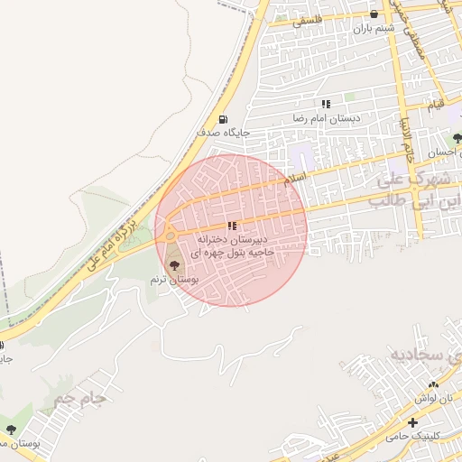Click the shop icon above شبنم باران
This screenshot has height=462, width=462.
pyautogui.click(x=374, y=14)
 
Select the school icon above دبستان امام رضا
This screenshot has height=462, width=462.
pyautogui.click(x=326, y=104)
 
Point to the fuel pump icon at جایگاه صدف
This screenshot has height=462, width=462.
pyautogui.click(x=223, y=119)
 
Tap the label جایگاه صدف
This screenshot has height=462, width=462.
pyautogui.click(x=223, y=133)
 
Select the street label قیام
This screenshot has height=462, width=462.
pyautogui.click(x=435, y=107)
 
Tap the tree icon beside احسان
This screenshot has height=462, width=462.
pyautogui.click(x=457, y=139)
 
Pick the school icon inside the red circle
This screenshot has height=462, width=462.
pyautogui.click(x=232, y=226)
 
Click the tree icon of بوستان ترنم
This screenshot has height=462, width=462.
pyautogui.click(x=174, y=265)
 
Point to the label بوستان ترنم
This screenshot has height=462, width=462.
pyautogui.click(x=174, y=281)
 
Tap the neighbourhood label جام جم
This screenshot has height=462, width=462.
pyautogui.click(x=79, y=398)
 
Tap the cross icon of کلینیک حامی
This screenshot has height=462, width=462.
pyautogui.click(x=413, y=422)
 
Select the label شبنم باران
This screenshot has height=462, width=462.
pyautogui.click(x=374, y=29)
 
